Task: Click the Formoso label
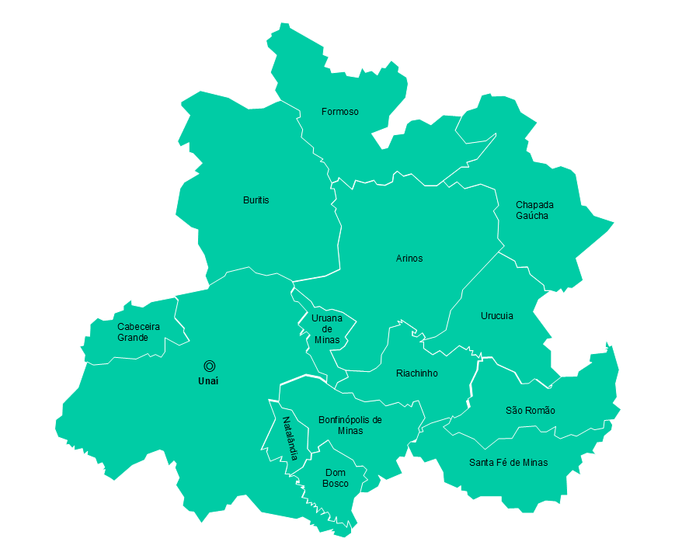[x=340, y=112]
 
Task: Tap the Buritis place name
[x=256, y=200]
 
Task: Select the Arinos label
[x=409, y=259]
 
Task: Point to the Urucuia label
[x=496, y=316]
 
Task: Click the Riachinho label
[x=416, y=373]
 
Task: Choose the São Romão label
[x=530, y=411]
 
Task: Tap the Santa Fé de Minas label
[x=508, y=463]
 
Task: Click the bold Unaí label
[x=208, y=381]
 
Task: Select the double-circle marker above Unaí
[x=209, y=366]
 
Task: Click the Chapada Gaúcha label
[x=534, y=210]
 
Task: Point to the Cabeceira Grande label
[x=138, y=332]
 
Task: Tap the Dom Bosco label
[x=336, y=478]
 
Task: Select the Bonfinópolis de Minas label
[x=350, y=425]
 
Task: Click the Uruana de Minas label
[x=327, y=328]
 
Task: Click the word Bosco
[x=336, y=484]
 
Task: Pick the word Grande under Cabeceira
[x=133, y=338]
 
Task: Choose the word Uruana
[x=327, y=318]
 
